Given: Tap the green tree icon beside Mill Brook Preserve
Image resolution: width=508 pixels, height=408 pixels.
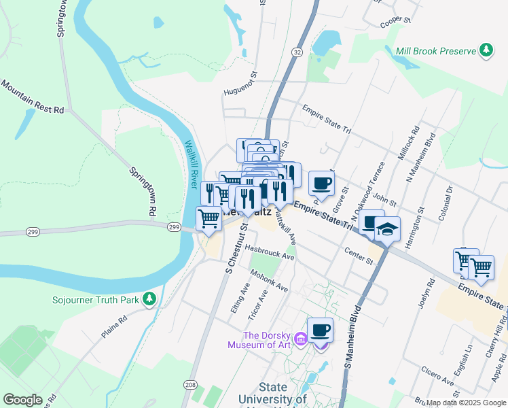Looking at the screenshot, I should click(486, 50).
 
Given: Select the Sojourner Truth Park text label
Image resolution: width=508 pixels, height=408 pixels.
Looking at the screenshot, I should click(96, 299).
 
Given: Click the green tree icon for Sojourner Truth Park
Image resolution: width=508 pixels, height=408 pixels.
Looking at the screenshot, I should click(149, 299).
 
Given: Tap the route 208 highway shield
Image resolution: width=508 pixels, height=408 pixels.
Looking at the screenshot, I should click(192, 386).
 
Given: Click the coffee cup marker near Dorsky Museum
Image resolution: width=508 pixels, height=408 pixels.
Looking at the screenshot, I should click(321, 331).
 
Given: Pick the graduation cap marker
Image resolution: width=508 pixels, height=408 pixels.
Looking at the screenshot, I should click(387, 230).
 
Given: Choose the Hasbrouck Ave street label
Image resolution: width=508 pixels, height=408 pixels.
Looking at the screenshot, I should click(270, 252).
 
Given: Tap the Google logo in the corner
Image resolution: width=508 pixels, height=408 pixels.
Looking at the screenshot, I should click(23, 400).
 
